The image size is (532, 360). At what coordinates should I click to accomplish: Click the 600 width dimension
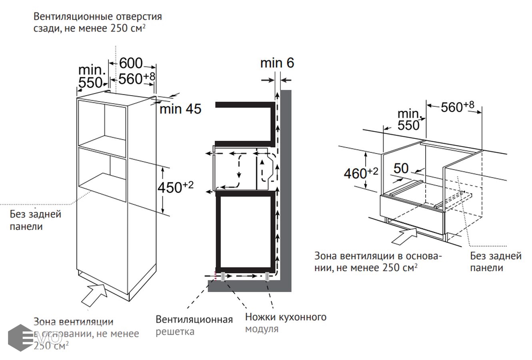pos(131,63)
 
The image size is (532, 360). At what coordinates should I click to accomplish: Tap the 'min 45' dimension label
pos(180,109)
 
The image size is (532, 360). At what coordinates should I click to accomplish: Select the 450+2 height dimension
pos(176,187)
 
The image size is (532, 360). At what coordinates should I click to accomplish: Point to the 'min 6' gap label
pos(277,63)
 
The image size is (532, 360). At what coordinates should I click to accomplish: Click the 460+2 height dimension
pos(361,173)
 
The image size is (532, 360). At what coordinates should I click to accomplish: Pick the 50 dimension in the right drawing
pos(401,168)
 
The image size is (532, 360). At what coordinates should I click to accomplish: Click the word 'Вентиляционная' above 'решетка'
pos(194,320)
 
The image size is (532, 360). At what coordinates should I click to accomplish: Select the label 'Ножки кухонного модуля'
pos(286,323)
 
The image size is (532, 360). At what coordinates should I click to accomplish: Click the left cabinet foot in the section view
pos(223,276)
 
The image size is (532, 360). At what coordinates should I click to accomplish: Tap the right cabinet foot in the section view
pos(267,276)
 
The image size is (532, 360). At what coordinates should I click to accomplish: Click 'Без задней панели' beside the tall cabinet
pos(35,220)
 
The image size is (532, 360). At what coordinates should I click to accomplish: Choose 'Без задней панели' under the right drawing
pos(496,262)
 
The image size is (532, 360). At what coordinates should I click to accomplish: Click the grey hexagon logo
pos(21,338)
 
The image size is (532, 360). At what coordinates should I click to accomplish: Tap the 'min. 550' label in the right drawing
pos(409,120)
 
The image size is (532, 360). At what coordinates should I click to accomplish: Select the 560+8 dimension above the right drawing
pos(458,107)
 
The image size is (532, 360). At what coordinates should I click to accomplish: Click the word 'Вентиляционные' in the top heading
pos(73,17)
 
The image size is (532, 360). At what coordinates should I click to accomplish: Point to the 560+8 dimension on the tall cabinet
pos(137,78)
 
